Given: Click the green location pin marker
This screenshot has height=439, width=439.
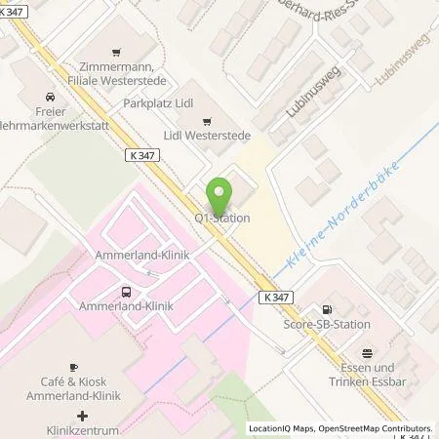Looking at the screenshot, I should (x=222, y=194).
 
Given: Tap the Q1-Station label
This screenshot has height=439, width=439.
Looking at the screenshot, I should (x=222, y=218).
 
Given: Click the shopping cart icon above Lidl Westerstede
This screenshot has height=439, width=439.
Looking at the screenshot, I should (x=206, y=121).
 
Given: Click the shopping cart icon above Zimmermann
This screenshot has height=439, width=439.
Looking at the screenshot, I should (x=117, y=52).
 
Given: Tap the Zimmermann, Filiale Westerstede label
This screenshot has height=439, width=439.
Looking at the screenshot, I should (x=117, y=71).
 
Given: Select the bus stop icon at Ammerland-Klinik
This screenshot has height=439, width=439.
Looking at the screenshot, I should (x=126, y=291).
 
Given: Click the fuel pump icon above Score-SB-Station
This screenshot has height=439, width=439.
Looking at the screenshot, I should (x=338, y=309).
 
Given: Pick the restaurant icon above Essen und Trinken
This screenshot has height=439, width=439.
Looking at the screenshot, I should (x=367, y=353).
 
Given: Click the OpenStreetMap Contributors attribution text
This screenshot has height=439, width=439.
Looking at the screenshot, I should (x=375, y=428).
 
